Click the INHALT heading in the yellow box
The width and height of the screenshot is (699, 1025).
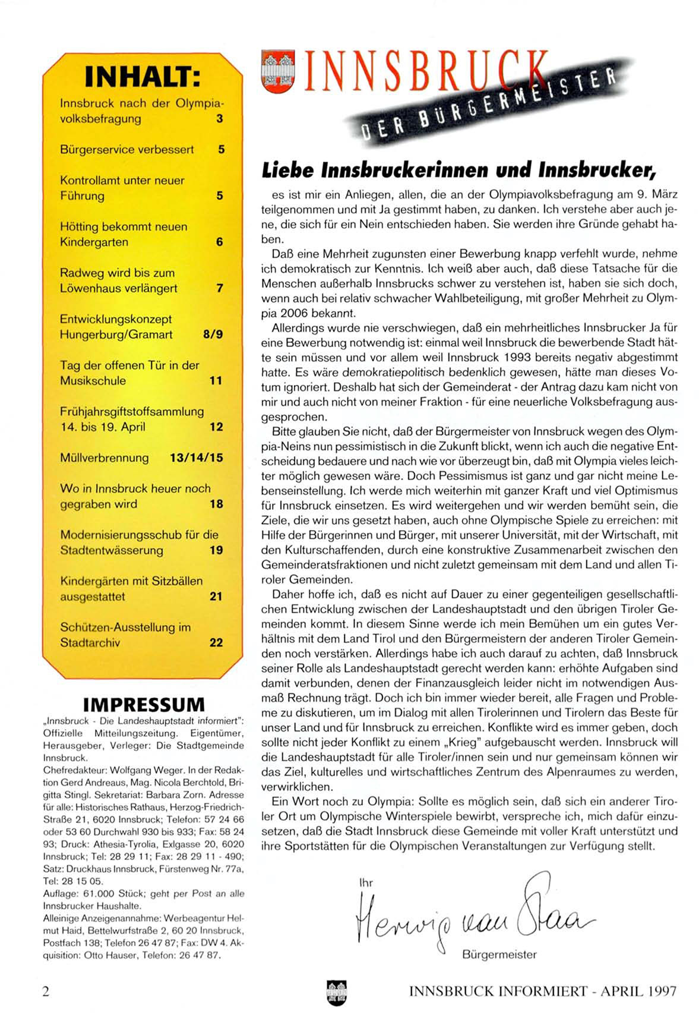click(142, 76)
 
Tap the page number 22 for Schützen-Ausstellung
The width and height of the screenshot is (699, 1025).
click(216, 642)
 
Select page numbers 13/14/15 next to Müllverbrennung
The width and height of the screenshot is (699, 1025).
click(196, 458)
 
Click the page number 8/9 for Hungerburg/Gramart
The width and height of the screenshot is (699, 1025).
click(213, 334)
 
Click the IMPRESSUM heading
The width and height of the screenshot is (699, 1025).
click(144, 705)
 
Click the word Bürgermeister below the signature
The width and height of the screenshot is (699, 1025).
click(499, 955)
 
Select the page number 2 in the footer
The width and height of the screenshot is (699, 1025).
click(46, 991)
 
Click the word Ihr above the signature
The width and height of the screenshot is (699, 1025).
click(366, 883)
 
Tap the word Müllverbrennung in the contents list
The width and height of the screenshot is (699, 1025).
click(105, 458)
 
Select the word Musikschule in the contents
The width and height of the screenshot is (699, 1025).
click(93, 380)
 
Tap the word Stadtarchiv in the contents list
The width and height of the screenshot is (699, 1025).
click(90, 642)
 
